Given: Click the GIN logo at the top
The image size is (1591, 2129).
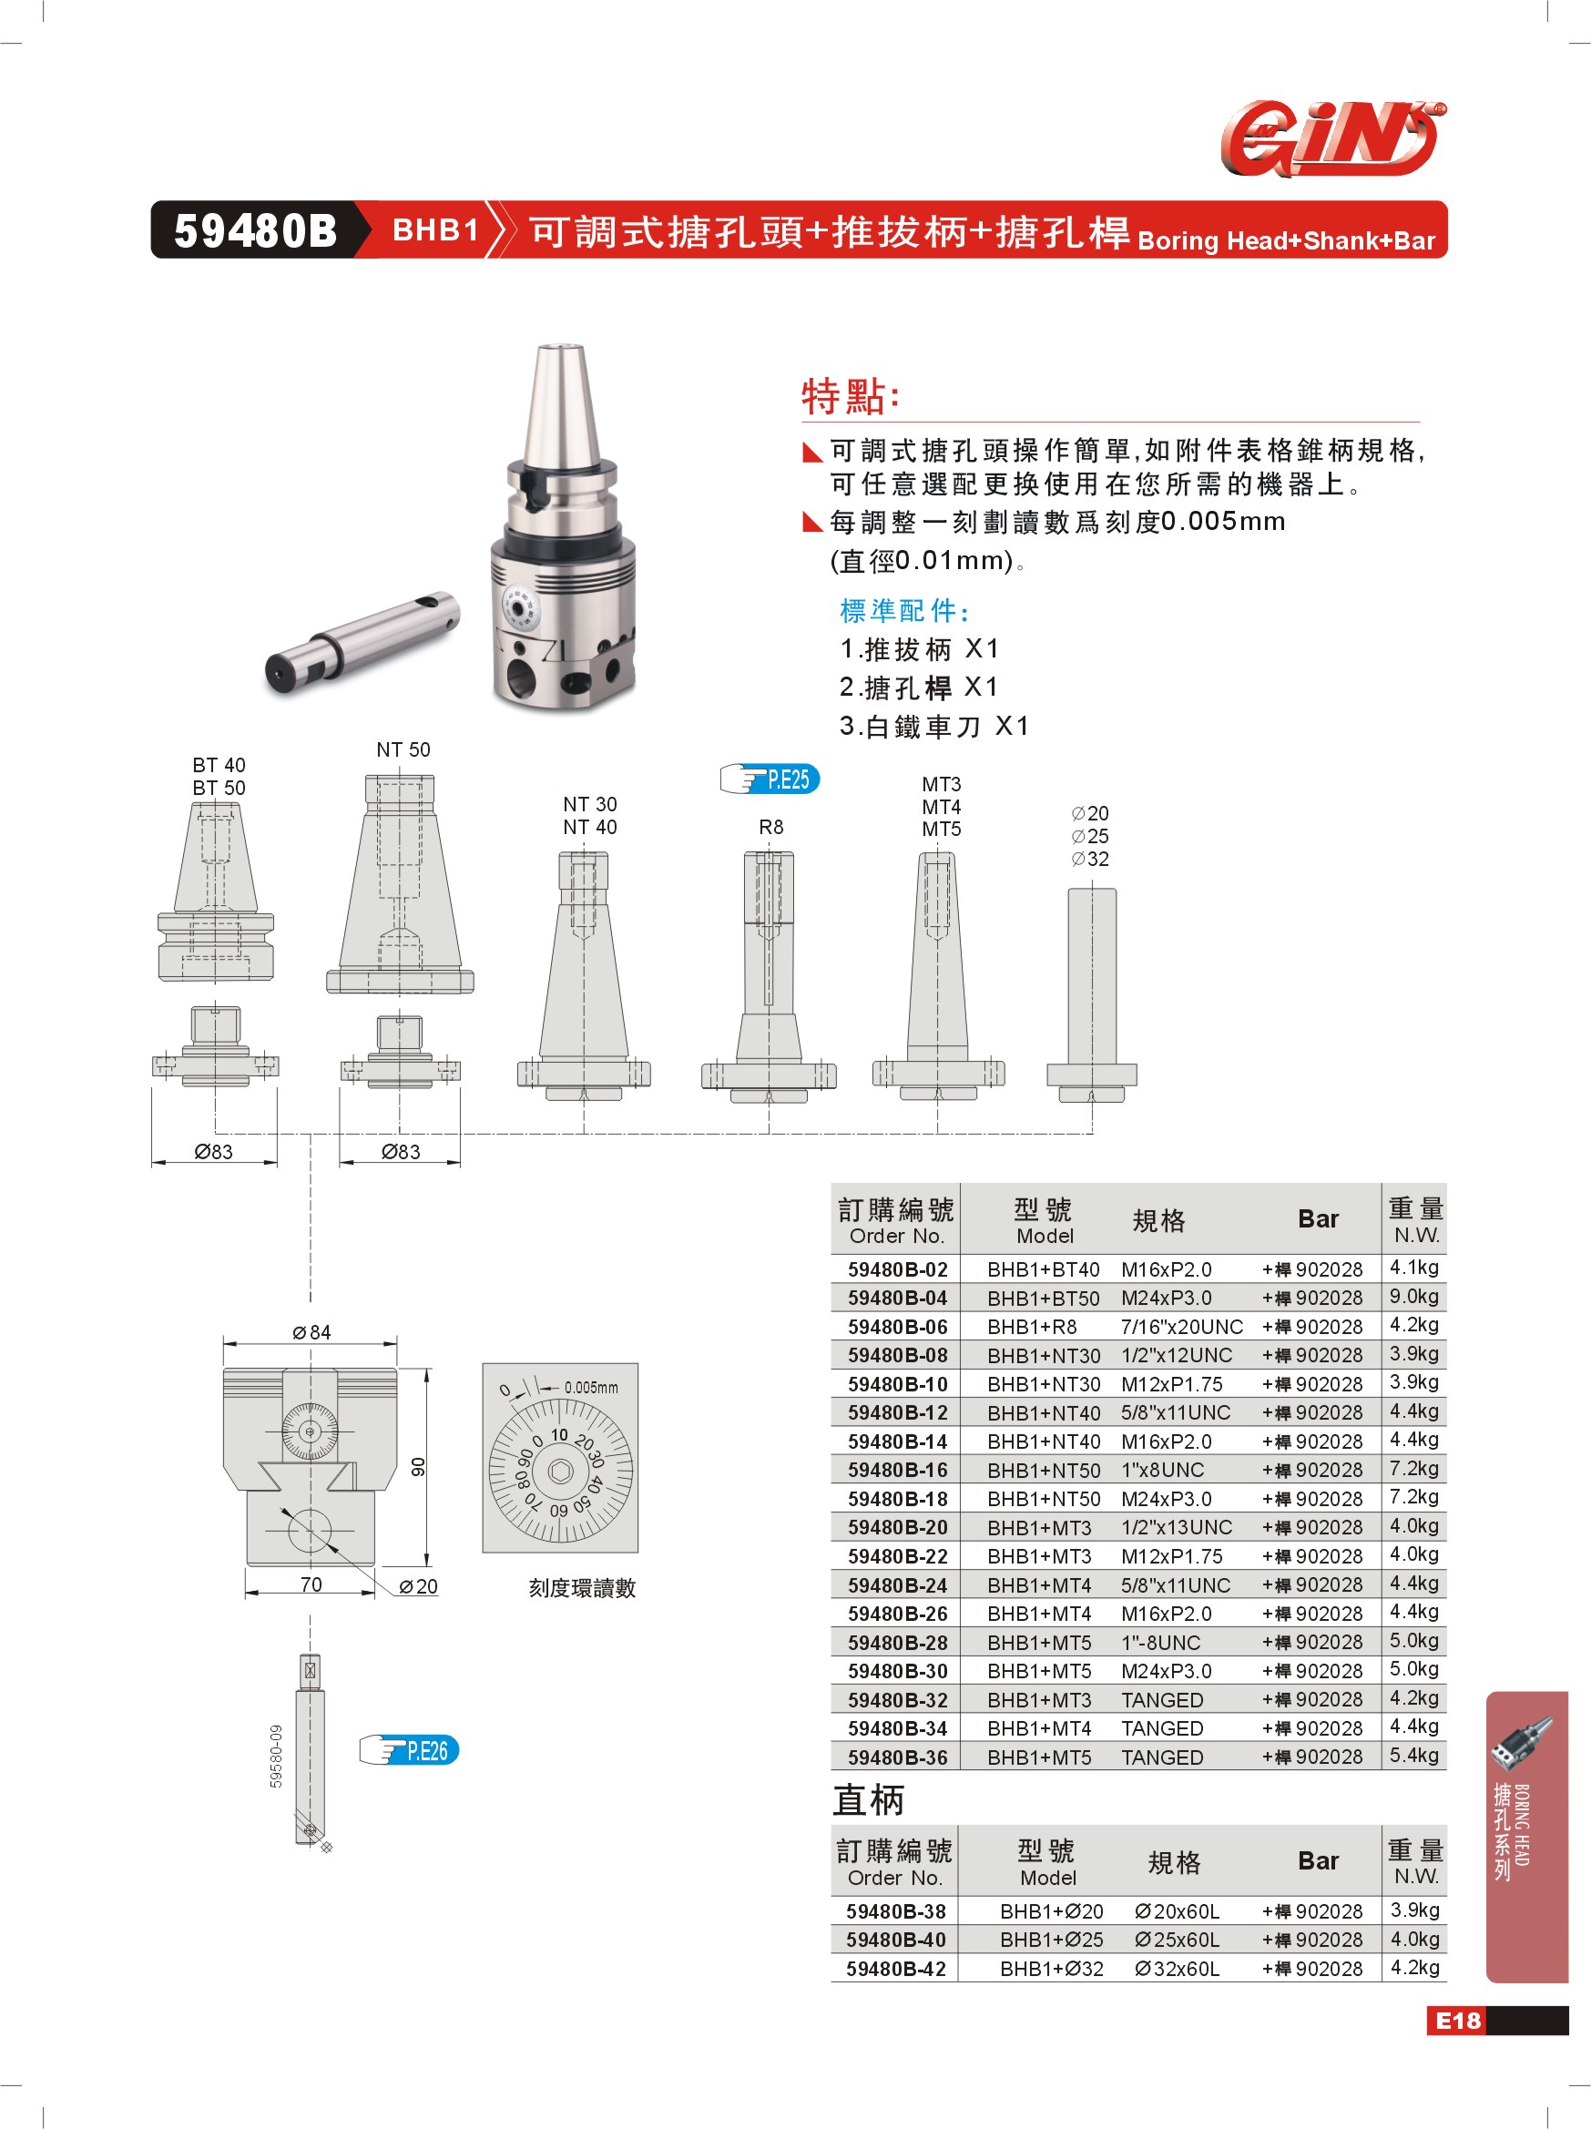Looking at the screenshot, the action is pyautogui.click(x=1333, y=138).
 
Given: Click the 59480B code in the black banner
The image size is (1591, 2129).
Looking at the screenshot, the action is pyautogui.click(x=255, y=231).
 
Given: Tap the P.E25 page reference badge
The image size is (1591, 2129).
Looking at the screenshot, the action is pyautogui.click(x=769, y=779).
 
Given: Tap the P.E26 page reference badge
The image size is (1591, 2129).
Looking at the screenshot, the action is pyautogui.click(x=408, y=1750).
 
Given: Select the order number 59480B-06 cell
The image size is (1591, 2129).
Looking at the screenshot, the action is pyautogui.click(x=897, y=1326).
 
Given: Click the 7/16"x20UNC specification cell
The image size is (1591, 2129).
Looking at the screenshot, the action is pyautogui.click(x=1181, y=1326).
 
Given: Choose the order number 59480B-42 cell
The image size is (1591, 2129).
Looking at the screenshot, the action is pyautogui.click(x=895, y=1968).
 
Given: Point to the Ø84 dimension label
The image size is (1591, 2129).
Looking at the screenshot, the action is pyautogui.click(x=311, y=1332).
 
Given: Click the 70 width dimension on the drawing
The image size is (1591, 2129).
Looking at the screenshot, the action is pyautogui.click(x=311, y=1584).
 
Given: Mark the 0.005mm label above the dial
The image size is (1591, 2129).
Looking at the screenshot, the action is pyautogui.click(x=591, y=1387).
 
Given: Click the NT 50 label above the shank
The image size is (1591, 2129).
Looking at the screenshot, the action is pyautogui.click(x=403, y=749).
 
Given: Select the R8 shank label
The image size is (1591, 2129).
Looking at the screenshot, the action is pyautogui.click(x=771, y=827).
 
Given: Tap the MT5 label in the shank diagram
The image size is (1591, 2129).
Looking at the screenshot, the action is pyautogui.click(x=941, y=829).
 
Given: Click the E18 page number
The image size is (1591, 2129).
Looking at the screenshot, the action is pyautogui.click(x=1458, y=2021).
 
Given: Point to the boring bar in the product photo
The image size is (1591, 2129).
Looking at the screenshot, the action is pyautogui.click(x=362, y=641).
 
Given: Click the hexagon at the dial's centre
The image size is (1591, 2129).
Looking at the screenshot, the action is pyautogui.click(x=560, y=1471).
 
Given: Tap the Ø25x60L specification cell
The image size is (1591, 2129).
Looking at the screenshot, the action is pyautogui.click(x=1176, y=1940).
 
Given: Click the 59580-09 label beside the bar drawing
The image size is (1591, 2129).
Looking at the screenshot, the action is pyautogui.click(x=276, y=1757).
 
